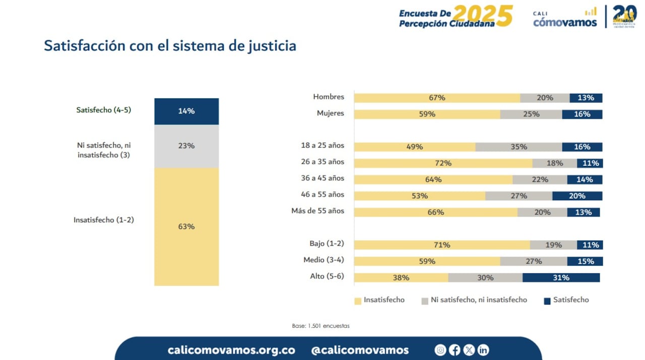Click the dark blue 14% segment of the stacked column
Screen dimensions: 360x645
click(x=186, y=111)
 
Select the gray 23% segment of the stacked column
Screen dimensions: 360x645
click(x=186, y=146)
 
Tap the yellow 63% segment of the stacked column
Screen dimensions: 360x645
click(x=186, y=226)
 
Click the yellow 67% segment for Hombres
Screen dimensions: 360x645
click(x=437, y=98)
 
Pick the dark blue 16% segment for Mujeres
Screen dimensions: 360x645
click(x=582, y=114)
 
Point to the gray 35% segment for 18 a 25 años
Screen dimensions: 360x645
click(x=519, y=147)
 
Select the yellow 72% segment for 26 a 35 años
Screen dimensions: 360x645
click(x=443, y=163)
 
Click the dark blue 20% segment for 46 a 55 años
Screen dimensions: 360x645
click(x=577, y=196)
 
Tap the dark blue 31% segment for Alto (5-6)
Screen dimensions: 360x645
click(x=561, y=278)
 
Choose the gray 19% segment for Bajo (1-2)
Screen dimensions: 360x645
click(x=553, y=245)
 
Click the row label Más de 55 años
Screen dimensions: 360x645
click(x=318, y=211)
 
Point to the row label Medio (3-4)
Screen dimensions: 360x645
click(x=324, y=260)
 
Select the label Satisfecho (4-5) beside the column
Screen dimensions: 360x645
click(x=104, y=110)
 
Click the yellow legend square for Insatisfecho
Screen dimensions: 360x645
click(x=358, y=301)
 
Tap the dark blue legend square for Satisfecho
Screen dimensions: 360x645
click(x=547, y=301)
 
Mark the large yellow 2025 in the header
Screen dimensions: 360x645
click(x=483, y=16)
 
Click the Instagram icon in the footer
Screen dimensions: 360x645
click(x=440, y=350)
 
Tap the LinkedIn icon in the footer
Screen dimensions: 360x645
click(x=483, y=350)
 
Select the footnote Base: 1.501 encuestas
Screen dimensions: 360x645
click(x=320, y=326)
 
